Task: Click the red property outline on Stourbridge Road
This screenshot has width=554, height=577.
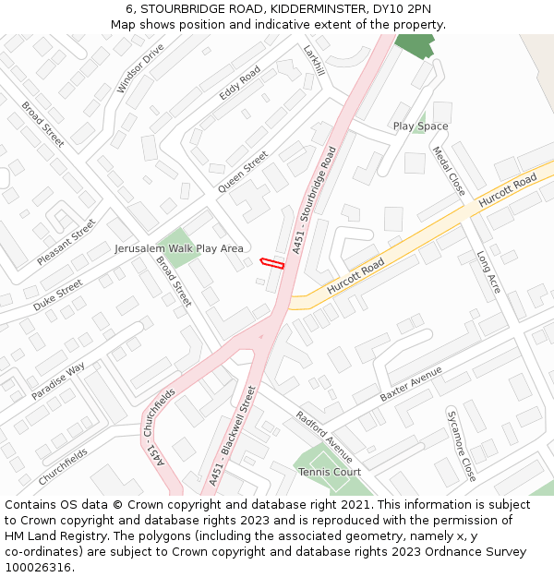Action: click(x=271, y=263)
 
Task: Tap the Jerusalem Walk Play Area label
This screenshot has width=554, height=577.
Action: click(x=179, y=248)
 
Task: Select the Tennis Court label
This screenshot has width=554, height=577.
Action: click(x=330, y=472)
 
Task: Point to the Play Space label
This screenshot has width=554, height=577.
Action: click(x=420, y=126)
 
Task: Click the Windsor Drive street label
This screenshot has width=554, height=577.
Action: click(x=140, y=67)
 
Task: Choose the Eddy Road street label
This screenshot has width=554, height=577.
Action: click(x=240, y=84)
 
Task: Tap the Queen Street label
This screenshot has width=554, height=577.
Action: click(x=243, y=172)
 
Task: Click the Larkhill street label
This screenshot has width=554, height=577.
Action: click(x=314, y=60)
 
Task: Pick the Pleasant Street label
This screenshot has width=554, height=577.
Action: click(x=66, y=242)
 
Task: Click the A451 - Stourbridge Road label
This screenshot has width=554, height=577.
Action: click(x=315, y=199)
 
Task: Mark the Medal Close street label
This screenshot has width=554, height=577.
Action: click(x=449, y=171)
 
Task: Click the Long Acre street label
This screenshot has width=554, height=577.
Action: click(x=488, y=272)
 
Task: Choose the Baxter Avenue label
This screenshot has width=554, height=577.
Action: click(x=411, y=383)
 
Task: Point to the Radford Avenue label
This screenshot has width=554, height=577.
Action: click(x=324, y=437)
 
